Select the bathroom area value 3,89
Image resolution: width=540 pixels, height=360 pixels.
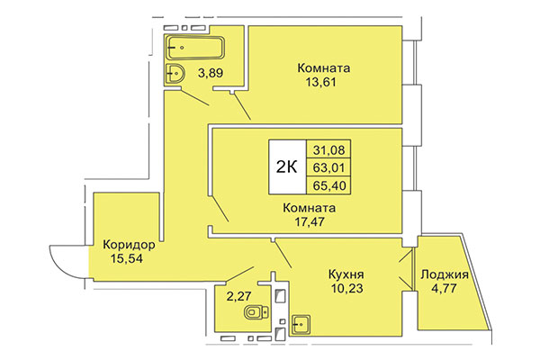211,72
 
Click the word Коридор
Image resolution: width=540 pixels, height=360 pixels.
130,245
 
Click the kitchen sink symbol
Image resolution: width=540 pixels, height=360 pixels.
303,321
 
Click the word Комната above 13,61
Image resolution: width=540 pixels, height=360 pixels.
324,68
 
